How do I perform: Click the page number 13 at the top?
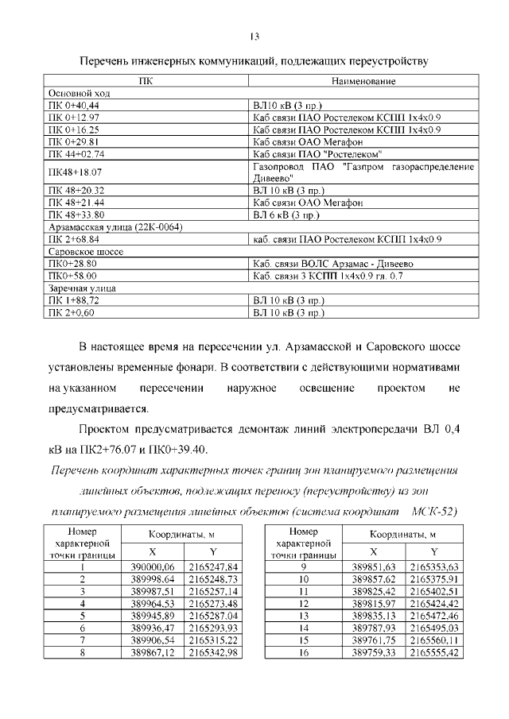pos(254,37)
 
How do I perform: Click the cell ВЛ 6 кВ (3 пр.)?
pos(286,215)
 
